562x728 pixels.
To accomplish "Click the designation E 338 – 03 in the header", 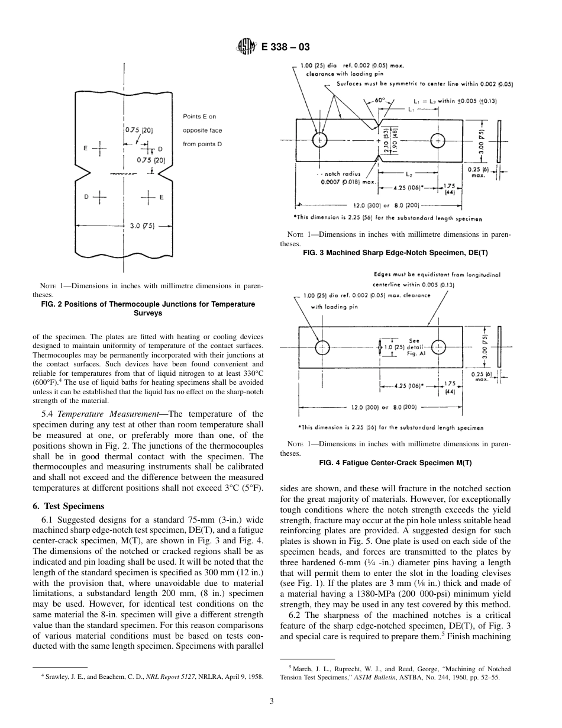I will [285, 47].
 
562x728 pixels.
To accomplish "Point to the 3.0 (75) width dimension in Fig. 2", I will [141, 226].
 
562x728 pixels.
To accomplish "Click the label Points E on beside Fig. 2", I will [199, 117].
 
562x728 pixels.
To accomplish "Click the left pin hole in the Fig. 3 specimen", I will [319, 140].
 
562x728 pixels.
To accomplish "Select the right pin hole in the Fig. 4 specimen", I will [438, 347].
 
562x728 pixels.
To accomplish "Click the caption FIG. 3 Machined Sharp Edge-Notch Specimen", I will [398, 252].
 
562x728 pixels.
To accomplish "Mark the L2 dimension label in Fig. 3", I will [409, 174].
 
